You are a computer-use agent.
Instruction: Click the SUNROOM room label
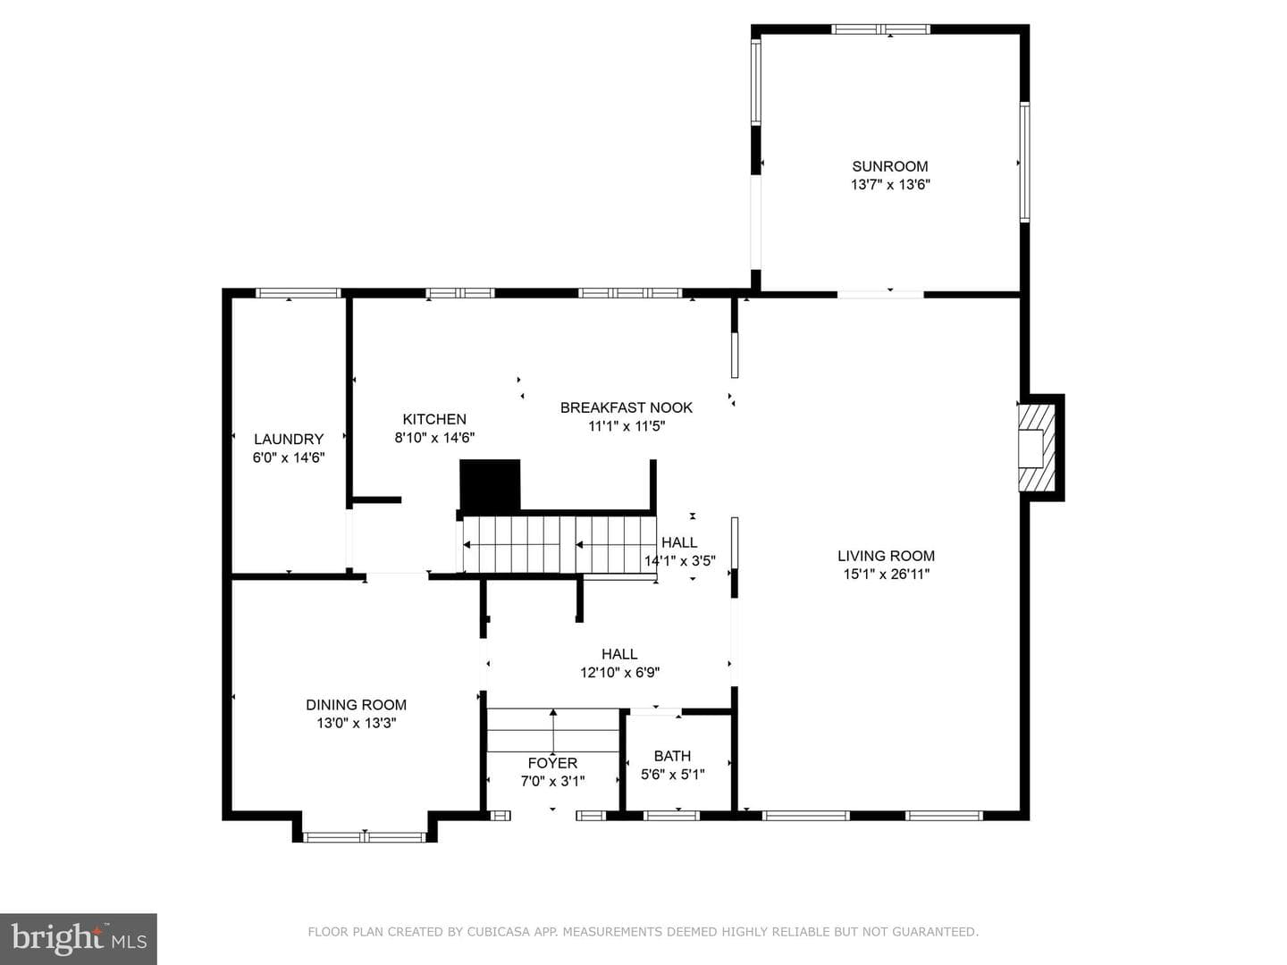(x=889, y=166)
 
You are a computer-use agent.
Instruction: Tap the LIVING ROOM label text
(x=886, y=556)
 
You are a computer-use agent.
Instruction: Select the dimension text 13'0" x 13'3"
(x=357, y=723)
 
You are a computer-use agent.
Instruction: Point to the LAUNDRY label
(x=289, y=439)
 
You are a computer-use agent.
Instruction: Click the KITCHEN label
(x=434, y=419)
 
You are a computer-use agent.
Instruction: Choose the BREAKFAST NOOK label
(x=627, y=407)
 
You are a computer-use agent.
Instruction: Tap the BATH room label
(x=672, y=756)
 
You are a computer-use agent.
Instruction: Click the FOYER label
(x=553, y=763)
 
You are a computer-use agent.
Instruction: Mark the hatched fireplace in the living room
(x=1037, y=448)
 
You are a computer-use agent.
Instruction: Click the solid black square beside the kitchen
(x=490, y=485)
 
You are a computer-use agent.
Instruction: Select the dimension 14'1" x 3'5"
(x=679, y=561)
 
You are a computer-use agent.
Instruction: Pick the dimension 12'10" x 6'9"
(x=619, y=672)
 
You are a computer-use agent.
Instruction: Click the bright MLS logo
(x=79, y=938)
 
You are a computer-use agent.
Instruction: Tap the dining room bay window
(x=365, y=837)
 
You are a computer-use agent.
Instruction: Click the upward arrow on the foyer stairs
(x=553, y=730)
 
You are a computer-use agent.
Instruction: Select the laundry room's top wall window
(x=299, y=293)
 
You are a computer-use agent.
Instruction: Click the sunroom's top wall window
(x=880, y=29)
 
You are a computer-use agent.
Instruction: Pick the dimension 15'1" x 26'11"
(x=886, y=575)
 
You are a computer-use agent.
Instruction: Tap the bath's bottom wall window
(x=671, y=816)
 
